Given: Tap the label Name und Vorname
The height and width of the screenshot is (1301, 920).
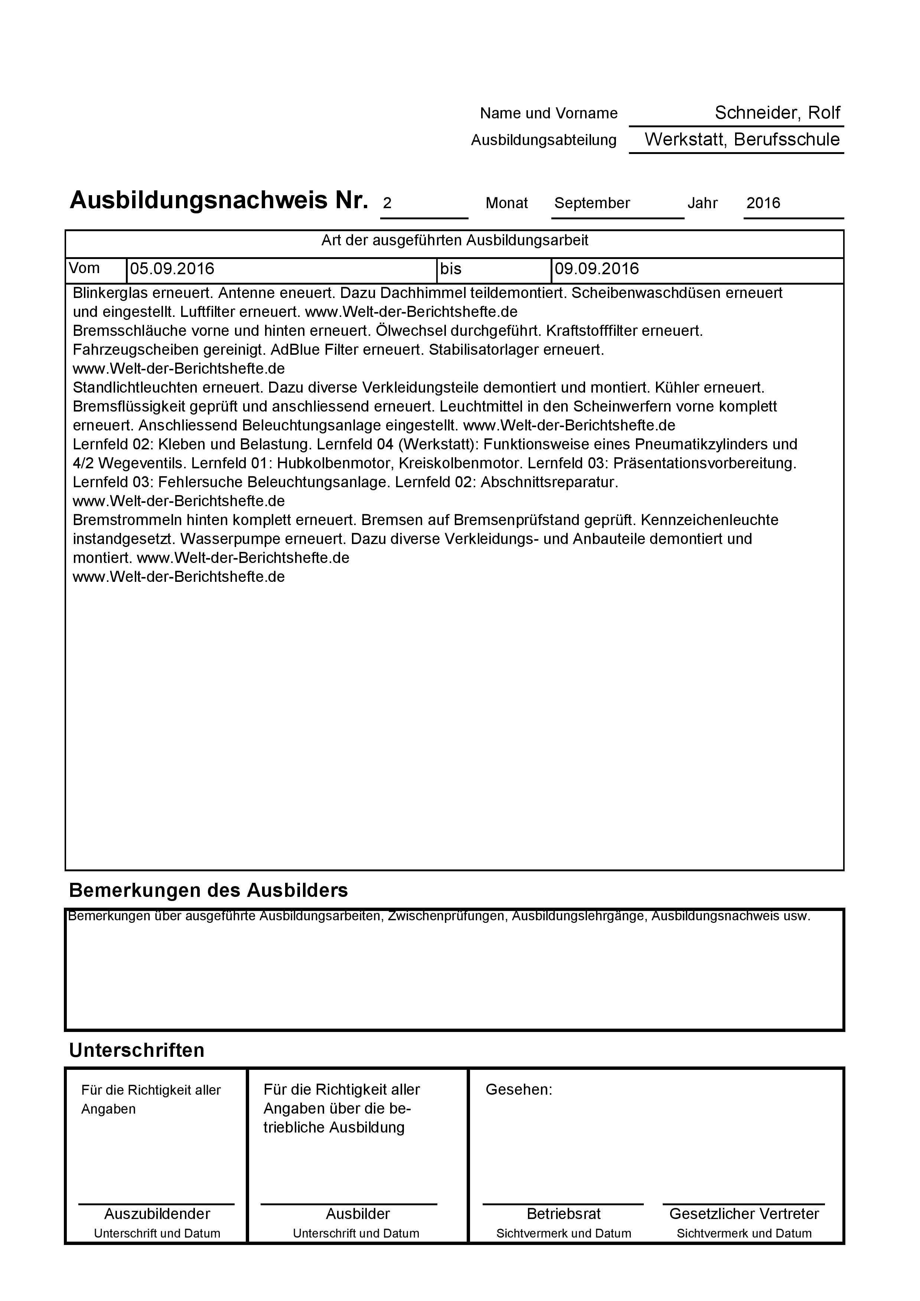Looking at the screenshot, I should coord(548,113).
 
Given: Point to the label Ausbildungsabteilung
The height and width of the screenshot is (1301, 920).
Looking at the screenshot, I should coord(543,140).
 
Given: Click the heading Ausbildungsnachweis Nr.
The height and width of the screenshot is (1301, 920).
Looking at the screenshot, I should coord(219,201).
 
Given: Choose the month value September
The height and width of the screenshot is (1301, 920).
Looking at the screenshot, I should coord(592,203).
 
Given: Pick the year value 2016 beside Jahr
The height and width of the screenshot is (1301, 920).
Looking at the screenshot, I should coord(763,203).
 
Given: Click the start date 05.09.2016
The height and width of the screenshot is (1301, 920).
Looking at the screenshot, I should coord(172,269).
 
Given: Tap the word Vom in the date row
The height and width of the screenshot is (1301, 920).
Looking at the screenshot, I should coord(84,268).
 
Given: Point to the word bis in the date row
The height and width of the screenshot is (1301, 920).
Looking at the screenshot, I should coord(451,269).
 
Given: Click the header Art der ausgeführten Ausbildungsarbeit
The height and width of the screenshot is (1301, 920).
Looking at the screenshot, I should coord(454,240).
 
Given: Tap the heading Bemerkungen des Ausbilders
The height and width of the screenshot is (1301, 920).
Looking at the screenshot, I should coord(208,890).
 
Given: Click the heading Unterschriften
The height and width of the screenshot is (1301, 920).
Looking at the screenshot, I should coord(137,1050).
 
